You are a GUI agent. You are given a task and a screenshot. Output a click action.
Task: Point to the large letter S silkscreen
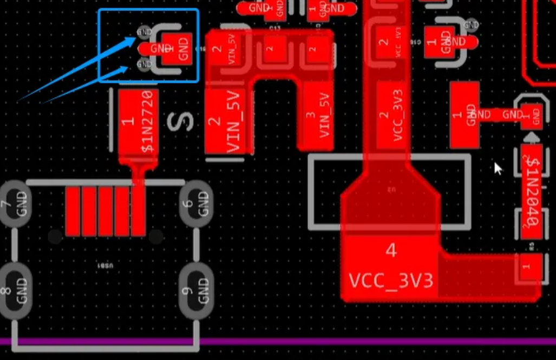[180, 122]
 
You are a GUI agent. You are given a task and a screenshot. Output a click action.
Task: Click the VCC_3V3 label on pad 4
[391, 280]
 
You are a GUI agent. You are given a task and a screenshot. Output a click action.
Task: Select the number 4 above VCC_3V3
[391, 251]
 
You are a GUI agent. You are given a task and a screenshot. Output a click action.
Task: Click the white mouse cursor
[498, 168]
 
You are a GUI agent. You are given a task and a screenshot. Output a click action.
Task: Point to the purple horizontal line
[325, 342]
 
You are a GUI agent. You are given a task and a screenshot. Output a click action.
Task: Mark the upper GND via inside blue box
[144, 32]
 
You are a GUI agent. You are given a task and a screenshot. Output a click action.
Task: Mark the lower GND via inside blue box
[144, 66]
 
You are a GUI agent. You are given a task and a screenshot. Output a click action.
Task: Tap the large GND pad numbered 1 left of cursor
[465, 115]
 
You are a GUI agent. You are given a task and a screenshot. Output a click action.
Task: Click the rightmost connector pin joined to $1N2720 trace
[138, 211]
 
